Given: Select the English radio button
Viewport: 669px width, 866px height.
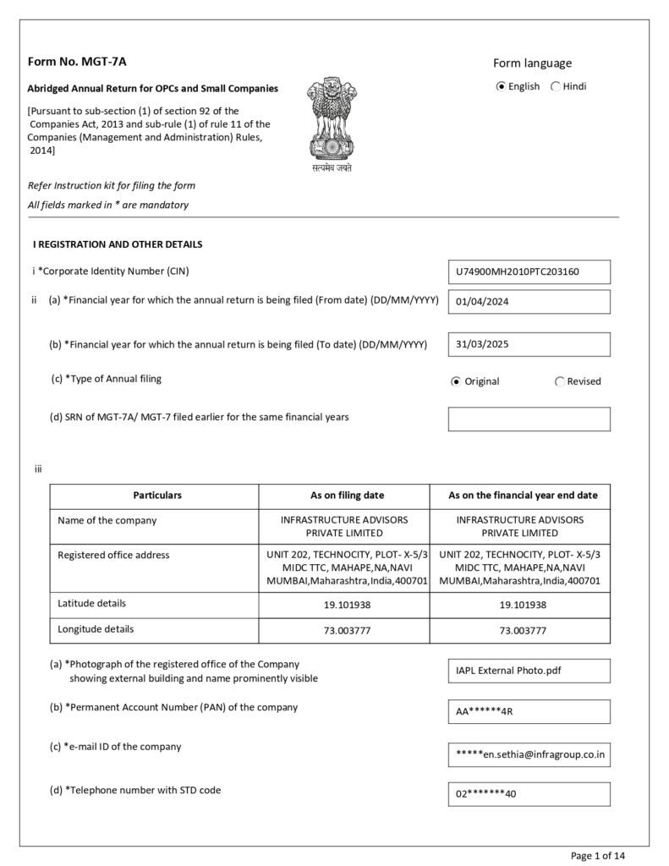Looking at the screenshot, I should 502,86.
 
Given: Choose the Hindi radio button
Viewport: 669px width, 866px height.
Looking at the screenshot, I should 556,86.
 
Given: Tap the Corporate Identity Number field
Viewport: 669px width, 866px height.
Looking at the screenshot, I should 529,272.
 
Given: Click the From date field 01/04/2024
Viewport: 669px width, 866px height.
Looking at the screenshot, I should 529,302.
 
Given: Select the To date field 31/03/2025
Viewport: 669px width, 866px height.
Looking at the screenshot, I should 529,344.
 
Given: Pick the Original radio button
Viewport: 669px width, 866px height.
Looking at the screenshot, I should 456,381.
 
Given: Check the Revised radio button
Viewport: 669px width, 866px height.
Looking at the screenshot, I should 560,381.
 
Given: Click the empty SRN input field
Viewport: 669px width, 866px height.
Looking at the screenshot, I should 529,419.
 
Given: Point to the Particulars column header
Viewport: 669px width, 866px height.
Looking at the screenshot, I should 157,496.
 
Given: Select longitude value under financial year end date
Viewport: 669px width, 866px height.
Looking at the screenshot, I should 523,631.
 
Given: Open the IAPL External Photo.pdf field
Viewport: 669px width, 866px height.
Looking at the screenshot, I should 529,671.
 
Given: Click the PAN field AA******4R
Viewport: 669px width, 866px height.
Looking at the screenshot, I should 529,711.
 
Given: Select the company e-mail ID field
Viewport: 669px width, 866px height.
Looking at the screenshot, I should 529,754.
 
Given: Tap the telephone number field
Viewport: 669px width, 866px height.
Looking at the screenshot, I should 529,794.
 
